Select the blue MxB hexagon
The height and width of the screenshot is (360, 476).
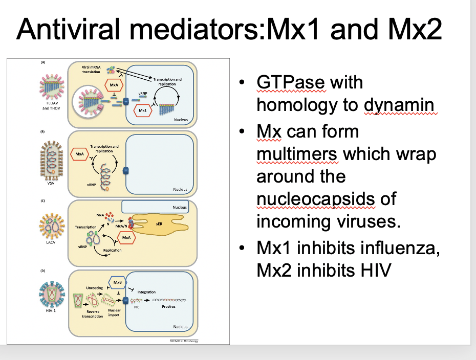[117, 283]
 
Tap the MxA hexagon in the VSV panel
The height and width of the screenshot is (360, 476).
[79, 153]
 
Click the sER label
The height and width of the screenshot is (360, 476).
[159, 223]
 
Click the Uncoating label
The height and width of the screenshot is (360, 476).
[94, 288]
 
